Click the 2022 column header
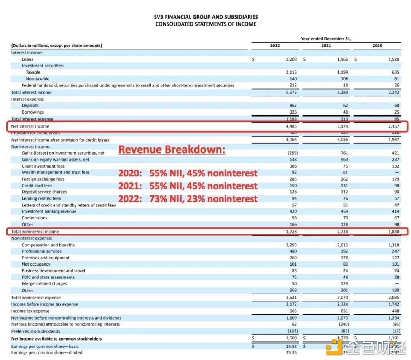pos(275,45)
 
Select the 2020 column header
pos(377,45)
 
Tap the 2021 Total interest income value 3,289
pos(342,92)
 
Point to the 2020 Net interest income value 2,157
pos(393,126)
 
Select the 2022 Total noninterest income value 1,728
pos(291,231)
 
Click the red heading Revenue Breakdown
pos(172,150)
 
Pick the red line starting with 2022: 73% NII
pos(188,199)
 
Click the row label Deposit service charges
pos(44,192)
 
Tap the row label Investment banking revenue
pos(49,211)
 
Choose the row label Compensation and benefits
pos(48,245)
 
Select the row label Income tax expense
pos(30,311)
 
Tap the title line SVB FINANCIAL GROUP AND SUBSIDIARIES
pos(206,17)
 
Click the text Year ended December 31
pos(326,38)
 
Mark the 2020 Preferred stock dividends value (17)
pos(394,331)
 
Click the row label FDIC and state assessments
pos(48,277)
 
